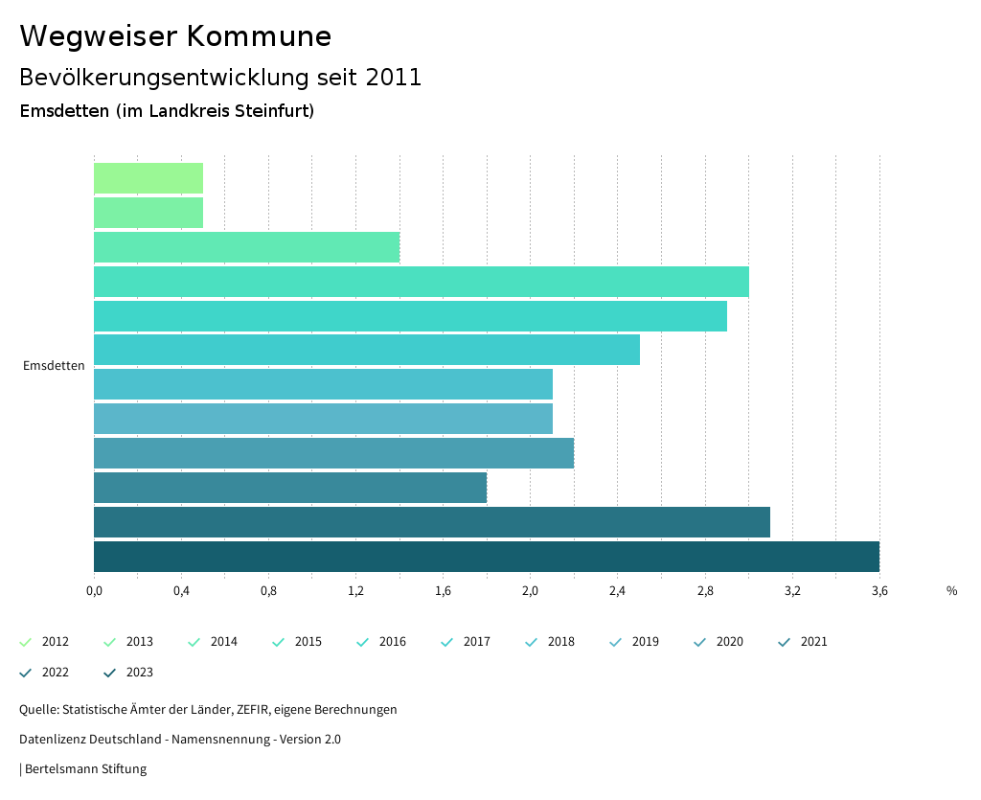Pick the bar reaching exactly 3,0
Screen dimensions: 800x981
click(x=422, y=282)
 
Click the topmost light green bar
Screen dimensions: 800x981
click(x=148, y=178)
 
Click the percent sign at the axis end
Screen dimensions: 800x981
click(x=951, y=591)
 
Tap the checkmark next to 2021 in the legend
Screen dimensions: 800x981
click(x=785, y=642)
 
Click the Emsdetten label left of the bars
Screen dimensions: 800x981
click(x=54, y=366)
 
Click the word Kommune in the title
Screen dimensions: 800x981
click(x=259, y=36)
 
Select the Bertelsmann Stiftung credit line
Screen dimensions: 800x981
click(x=84, y=769)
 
